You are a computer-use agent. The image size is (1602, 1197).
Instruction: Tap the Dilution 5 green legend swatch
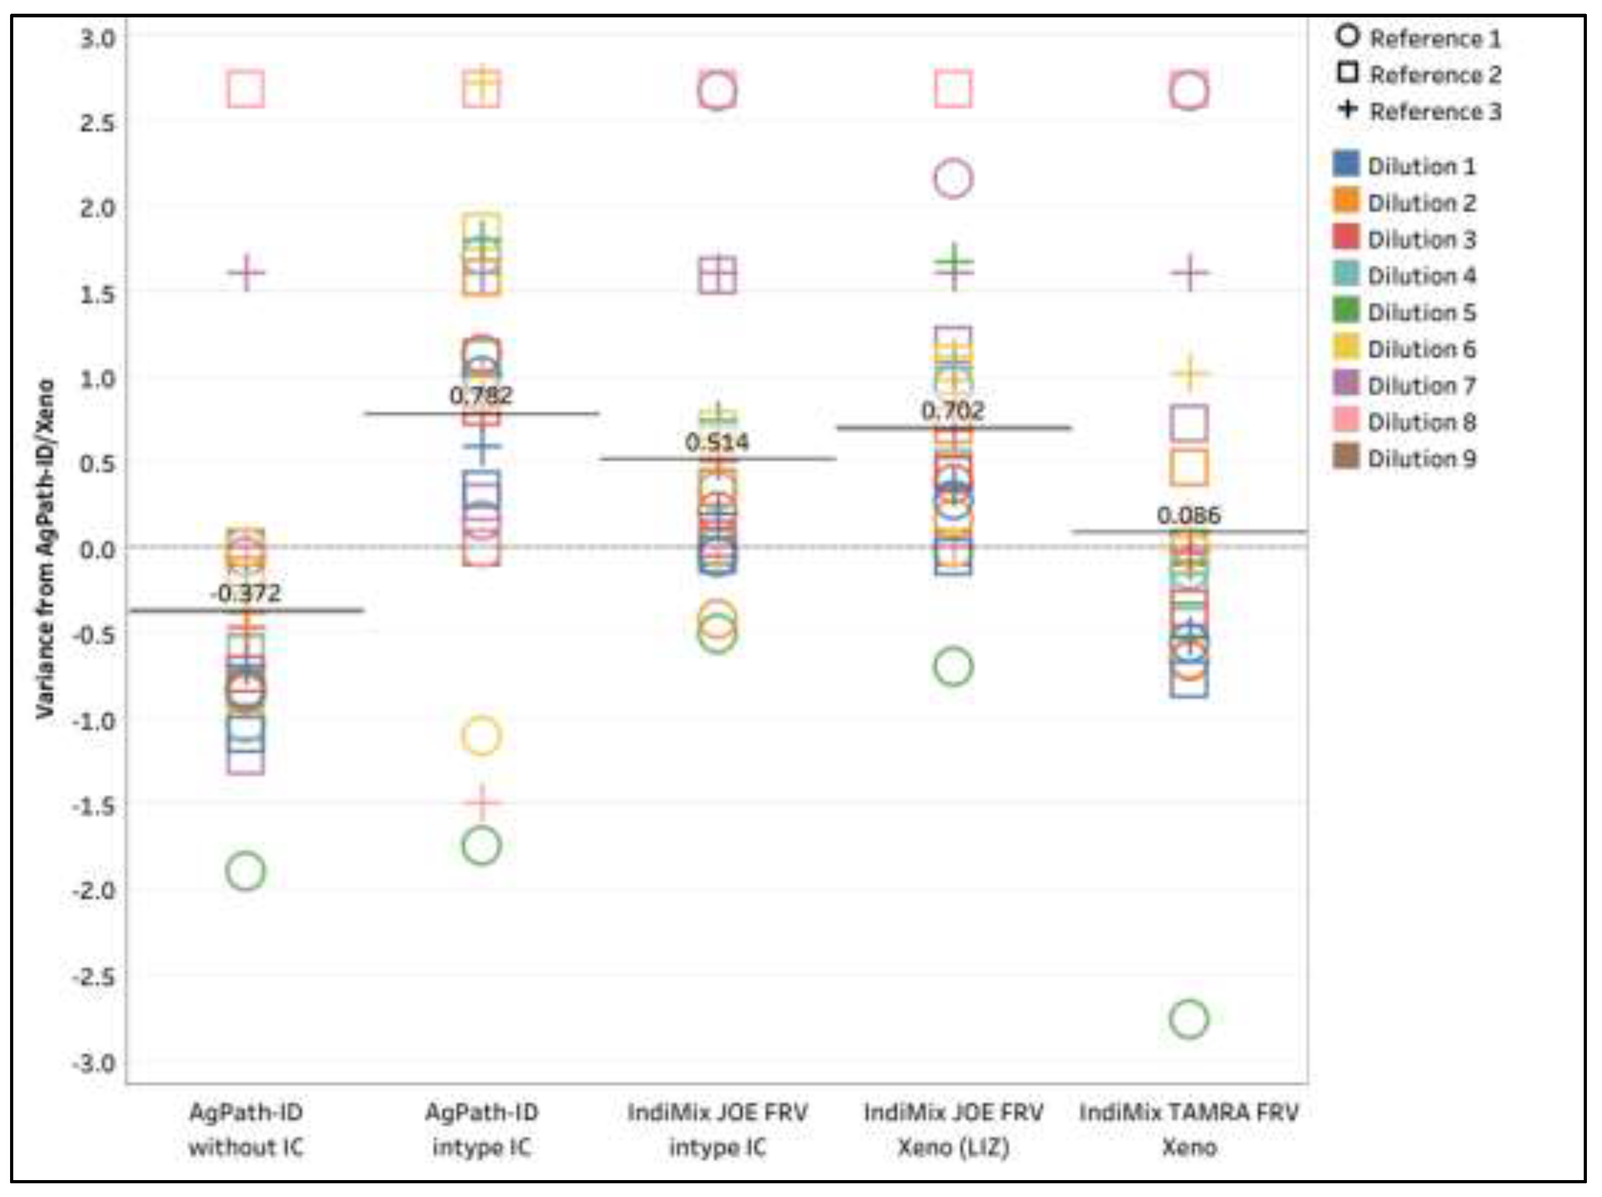[x=1346, y=311]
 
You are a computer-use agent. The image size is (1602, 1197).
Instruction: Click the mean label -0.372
[x=246, y=593]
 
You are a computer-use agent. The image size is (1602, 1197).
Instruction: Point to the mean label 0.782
[x=481, y=395]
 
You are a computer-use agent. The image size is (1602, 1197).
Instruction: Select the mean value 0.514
[x=717, y=442]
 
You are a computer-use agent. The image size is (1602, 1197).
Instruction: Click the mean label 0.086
[x=1188, y=516]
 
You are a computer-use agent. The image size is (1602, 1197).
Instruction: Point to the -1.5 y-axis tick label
[x=94, y=805]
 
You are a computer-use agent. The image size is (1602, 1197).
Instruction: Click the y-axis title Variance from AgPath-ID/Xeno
[x=46, y=548]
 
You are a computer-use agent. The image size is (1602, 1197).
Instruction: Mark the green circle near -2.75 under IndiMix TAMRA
[x=1188, y=1019]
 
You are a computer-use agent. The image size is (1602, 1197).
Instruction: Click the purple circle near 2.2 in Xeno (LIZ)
[x=953, y=178]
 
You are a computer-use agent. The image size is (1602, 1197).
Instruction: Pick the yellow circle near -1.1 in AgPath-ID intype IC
[x=481, y=736]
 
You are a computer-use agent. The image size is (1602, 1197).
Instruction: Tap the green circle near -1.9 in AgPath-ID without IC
[x=246, y=870]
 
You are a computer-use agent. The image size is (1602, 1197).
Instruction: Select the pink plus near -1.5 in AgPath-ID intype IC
[x=481, y=802]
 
